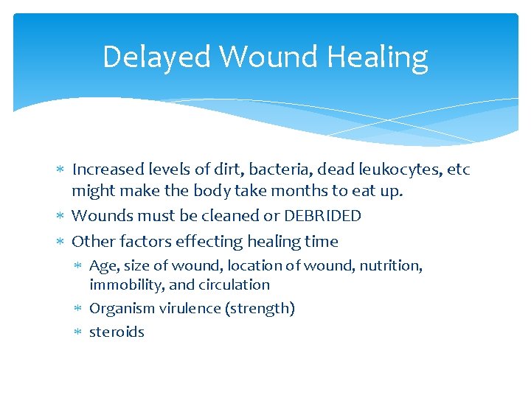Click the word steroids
click(117, 332)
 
